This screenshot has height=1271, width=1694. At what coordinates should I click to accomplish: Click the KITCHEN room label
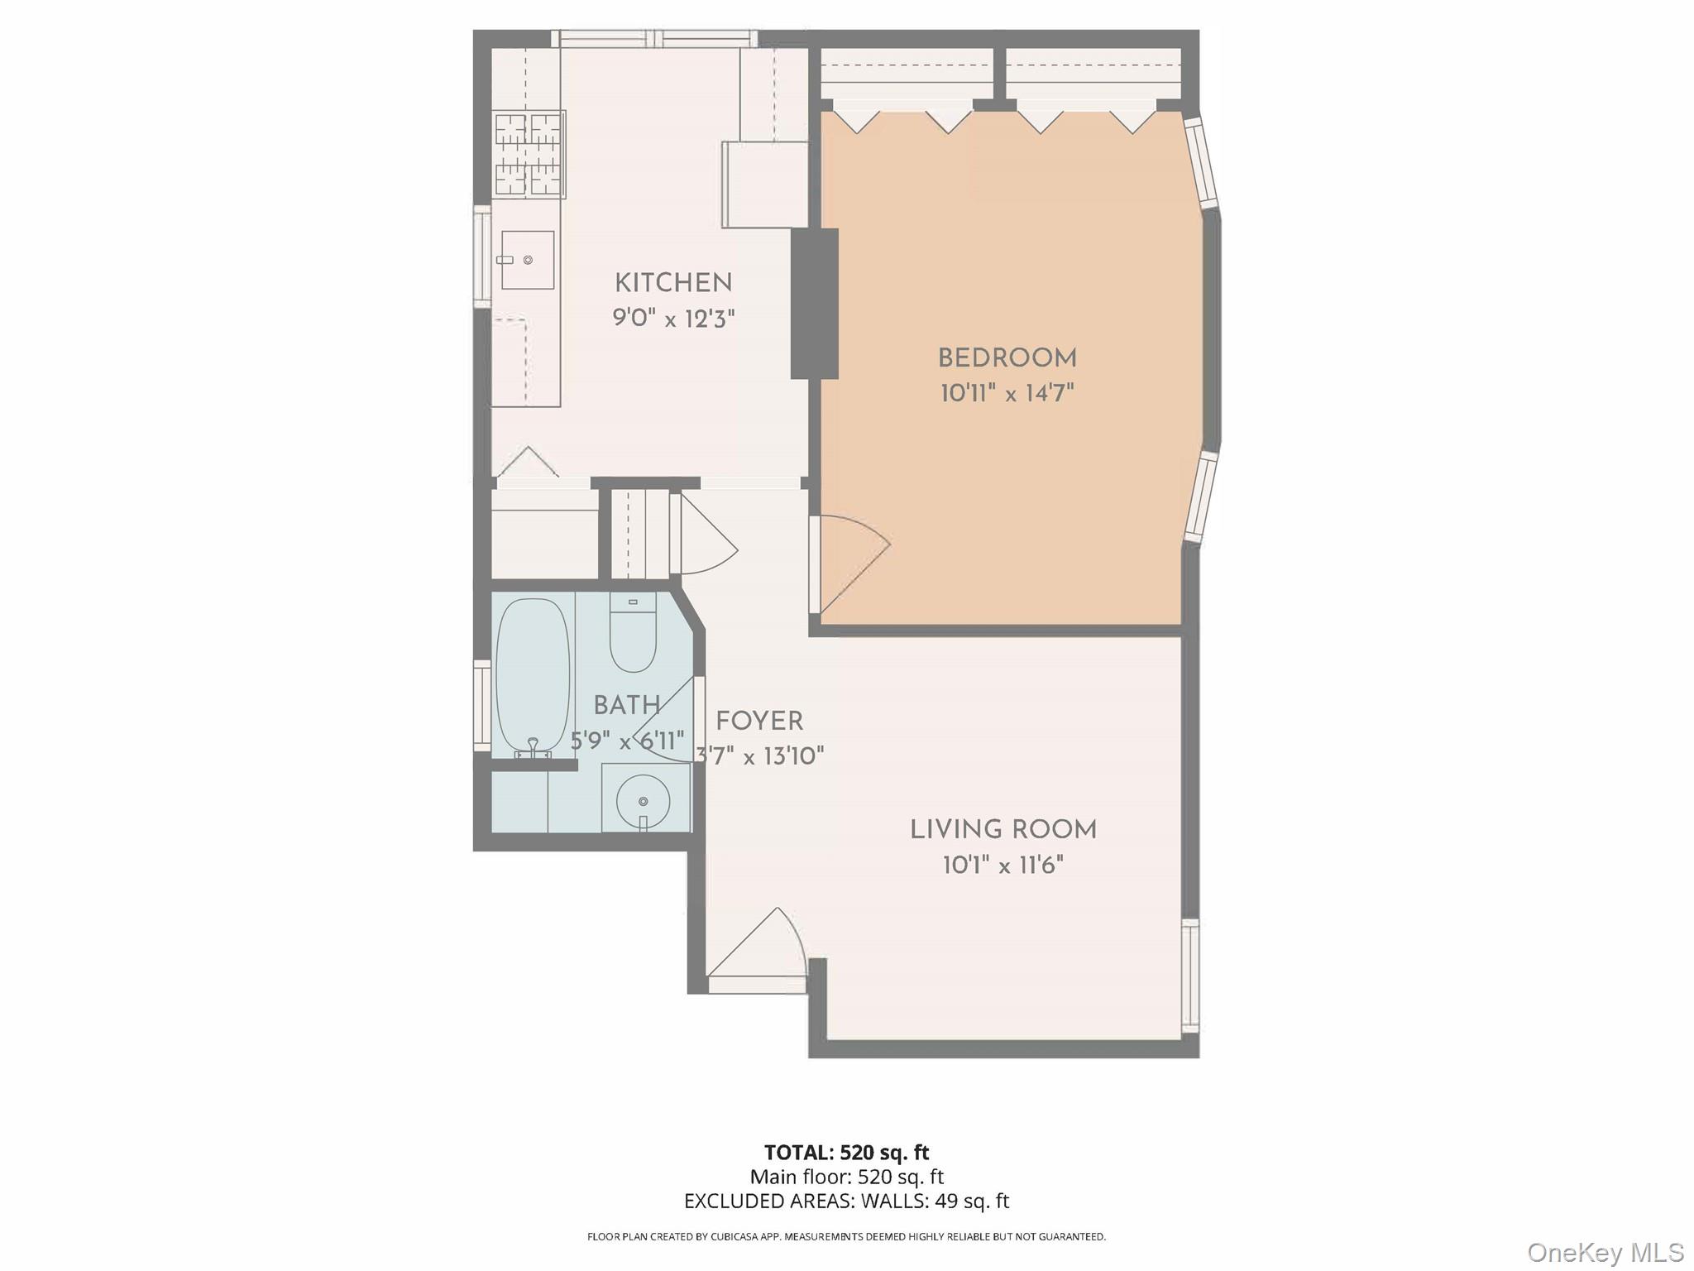[x=673, y=283]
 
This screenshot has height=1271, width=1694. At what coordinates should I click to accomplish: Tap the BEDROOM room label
[x=1007, y=358]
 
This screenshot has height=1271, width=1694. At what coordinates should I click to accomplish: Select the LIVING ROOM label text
[x=1003, y=829]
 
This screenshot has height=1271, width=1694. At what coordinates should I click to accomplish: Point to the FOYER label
[x=758, y=722]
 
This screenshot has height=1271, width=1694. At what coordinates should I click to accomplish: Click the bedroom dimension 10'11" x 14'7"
[x=1007, y=393]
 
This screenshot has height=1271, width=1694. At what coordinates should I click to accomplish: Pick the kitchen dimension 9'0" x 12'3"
[x=673, y=318]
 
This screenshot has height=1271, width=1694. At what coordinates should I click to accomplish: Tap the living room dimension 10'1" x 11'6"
[x=1003, y=866]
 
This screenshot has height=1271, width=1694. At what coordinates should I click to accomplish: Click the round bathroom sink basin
[x=644, y=800]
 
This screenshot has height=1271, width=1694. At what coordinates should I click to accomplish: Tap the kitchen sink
[x=528, y=260]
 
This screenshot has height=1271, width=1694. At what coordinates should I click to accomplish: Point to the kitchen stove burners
[x=529, y=155]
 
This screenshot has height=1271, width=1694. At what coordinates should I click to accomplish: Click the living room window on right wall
[x=1189, y=976]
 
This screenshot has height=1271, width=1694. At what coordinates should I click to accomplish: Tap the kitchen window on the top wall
[x=654, y=38]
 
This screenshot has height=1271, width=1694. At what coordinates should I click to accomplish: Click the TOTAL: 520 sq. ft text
[x=846, y=1153]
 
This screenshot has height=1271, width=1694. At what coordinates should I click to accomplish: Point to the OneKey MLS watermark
[x=1605, y=1253]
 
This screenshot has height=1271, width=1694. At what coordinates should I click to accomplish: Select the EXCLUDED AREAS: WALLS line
[x=846, y=1201]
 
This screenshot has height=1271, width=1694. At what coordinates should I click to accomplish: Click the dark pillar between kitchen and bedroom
[x=814, y=304]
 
